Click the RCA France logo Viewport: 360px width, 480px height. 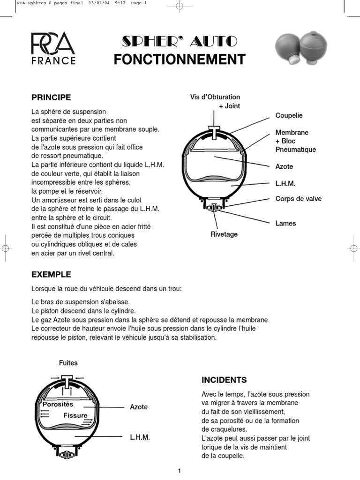pyautogui.click(x=53, y=48)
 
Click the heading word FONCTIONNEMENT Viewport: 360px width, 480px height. pyautogui.click(x=180, y=60)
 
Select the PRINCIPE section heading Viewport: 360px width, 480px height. pyautogui.click(x=51, y=97)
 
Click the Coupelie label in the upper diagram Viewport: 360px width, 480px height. pyautogui.click(x=289, y=115)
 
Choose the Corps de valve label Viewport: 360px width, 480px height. pyautogui.click(x=299, y=199)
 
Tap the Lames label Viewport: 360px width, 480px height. pyautogui.click(x=285, y=223)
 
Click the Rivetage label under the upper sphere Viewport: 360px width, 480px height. pyautogui.click(x=224, y=234)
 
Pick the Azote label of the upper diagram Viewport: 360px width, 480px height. pyautogui.click(x=284, y=166)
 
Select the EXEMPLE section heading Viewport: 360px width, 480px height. pyautogui.click(x=51, y=274)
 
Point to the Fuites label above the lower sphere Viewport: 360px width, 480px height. pyautogui.click(x=68, y=362)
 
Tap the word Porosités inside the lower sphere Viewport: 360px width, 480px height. pyautogui.click(x=58, y=404)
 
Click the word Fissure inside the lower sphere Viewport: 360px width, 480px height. pyautogui.click(x=75, y=415)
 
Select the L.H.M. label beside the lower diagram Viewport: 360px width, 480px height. pyautogui.click(x=140, y=437)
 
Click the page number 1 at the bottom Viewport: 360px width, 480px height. pyautogui.click(x=180, y=471)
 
